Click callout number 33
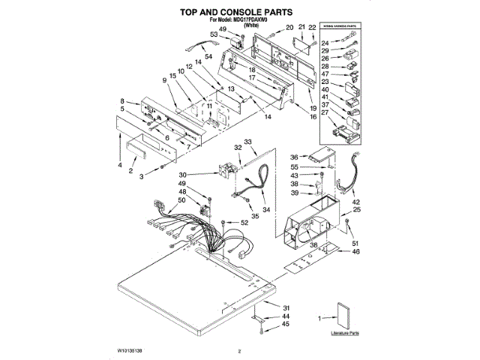click(x=248, y=142)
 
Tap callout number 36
click(x=295, y=156)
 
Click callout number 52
click(x=244, y=223)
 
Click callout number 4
click(x=119, y=164)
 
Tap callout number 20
click(x=289, y=28)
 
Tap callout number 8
click(x=121, y=101)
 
